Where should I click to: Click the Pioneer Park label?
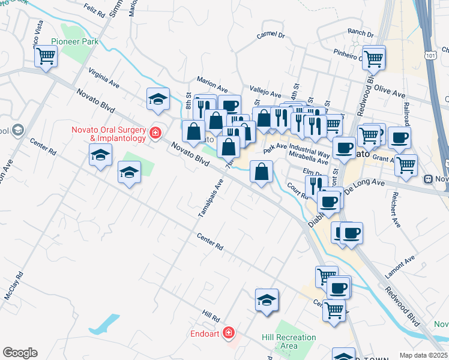point(74,41)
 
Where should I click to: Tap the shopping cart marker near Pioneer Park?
point(46,57)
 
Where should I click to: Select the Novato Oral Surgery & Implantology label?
point(109,134)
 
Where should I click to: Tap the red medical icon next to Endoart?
point(228,332)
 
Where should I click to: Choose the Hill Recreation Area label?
point(288,341)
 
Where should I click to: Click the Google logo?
point(20,353)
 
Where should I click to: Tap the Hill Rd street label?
point(211,315)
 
